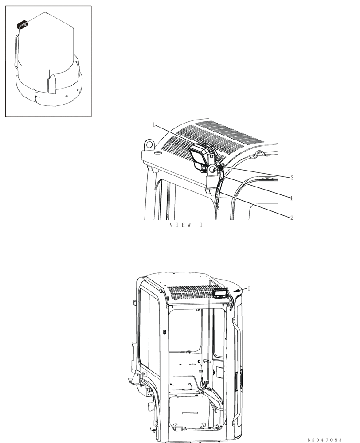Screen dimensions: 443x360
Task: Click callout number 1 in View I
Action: (x=153, y=125)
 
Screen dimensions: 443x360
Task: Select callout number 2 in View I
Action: (x=291, y=218)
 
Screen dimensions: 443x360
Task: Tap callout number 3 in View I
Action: (x=292, y=178)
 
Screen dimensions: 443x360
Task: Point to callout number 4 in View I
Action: (x=291, y=198)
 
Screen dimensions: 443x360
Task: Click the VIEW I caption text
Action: (x=186, y=225)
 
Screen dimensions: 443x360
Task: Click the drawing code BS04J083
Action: (x=325, y=439)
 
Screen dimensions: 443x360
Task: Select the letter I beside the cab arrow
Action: (x=249, y=288)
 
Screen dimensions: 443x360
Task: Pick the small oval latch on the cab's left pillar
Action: (x=164, y=332)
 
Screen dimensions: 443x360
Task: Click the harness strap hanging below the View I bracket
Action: (x=217, y=195)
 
